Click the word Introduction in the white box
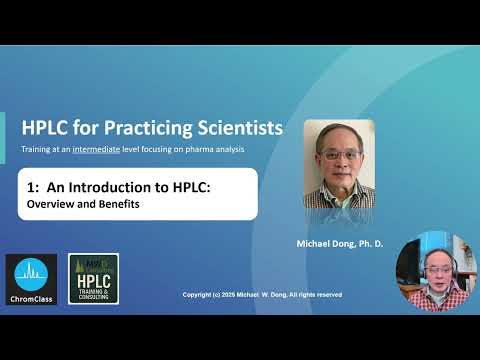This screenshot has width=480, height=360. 106,187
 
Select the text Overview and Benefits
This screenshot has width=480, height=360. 82,204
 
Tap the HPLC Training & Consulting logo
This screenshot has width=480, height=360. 94,279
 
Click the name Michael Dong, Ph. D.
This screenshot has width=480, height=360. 339,243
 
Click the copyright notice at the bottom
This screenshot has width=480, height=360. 262,295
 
